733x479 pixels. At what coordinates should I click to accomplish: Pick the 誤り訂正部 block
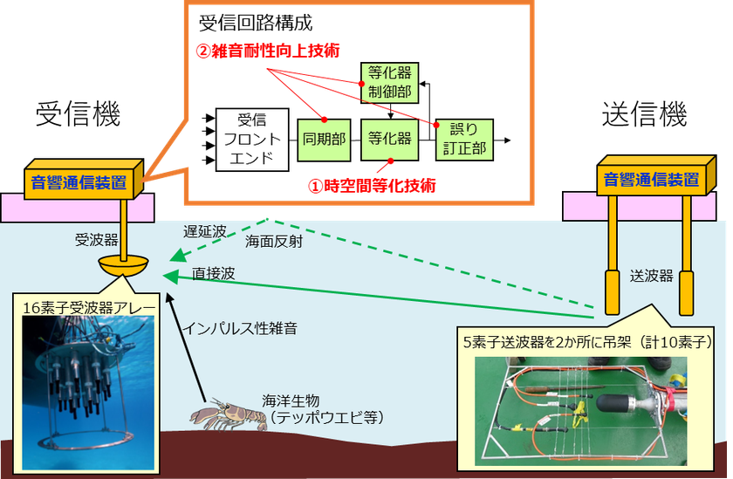click(x=463, y=139)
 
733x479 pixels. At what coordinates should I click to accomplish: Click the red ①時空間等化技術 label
click(x=371, y=185)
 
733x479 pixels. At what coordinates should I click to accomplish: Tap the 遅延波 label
click(x=204, y=232)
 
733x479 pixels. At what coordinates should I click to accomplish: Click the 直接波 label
click(x=213, y=273)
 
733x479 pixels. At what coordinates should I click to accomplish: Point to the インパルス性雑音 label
click(x=240, y=329)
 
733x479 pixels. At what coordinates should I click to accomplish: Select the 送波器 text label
click(x=651, y=275)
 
